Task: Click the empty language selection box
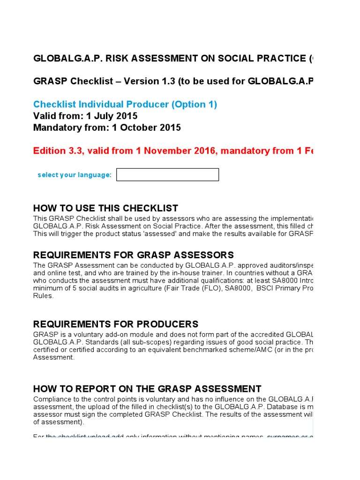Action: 167,175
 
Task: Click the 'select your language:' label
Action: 75,175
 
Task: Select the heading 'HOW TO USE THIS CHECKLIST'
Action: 105,208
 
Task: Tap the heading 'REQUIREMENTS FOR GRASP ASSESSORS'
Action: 133,255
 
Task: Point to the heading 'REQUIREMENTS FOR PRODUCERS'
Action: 116,324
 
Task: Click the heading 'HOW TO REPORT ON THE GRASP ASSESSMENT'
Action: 147,389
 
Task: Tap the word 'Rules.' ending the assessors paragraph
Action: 44,296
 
